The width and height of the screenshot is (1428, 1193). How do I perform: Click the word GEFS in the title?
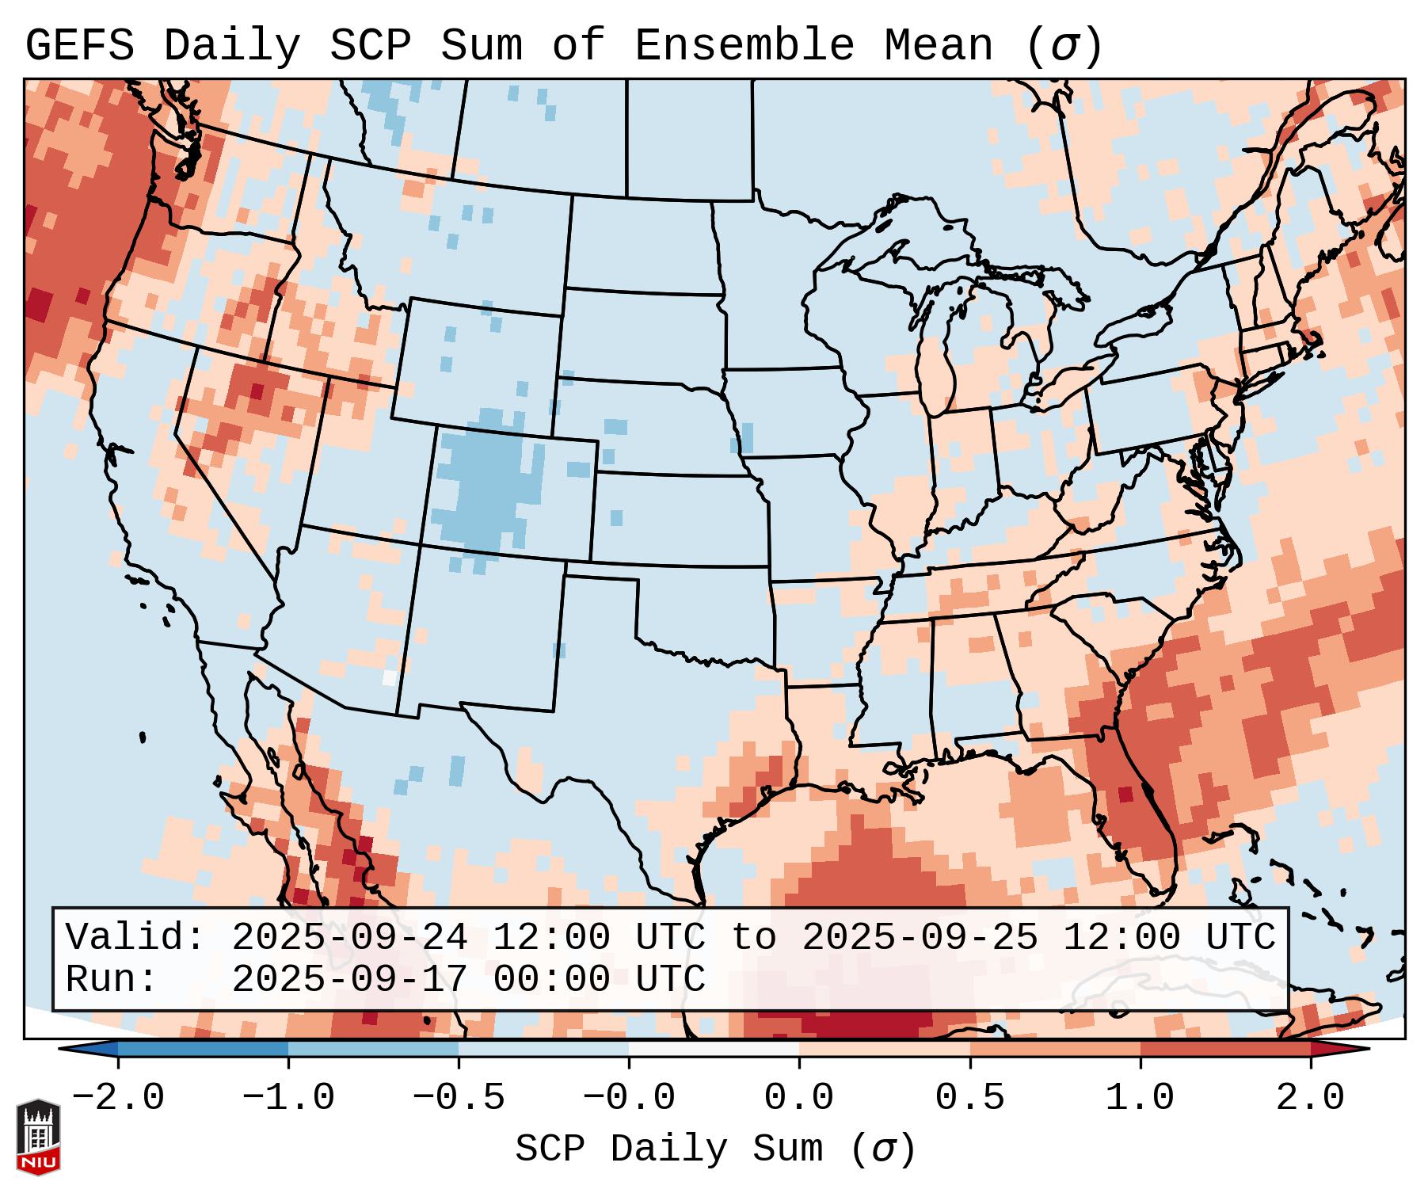79,45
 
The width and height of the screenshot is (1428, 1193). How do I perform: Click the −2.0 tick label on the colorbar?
118,1098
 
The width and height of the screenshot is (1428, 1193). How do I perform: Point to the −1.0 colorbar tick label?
288,1098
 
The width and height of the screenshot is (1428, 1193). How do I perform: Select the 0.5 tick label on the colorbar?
969,1098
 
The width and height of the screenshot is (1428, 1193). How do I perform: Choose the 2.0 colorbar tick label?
1310,1098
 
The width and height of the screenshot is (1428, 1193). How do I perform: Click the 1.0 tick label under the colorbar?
1140,1098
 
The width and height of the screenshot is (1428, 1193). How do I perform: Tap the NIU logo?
38,1138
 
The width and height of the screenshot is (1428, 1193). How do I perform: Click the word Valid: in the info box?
135,938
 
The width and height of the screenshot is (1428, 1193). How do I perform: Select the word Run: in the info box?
112,980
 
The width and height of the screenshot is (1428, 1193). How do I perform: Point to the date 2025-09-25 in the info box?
920,938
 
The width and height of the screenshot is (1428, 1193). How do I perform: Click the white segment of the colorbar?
714,1049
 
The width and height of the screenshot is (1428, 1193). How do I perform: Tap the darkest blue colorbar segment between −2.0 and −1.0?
203,1049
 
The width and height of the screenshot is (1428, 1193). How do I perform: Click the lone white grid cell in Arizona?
389,678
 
